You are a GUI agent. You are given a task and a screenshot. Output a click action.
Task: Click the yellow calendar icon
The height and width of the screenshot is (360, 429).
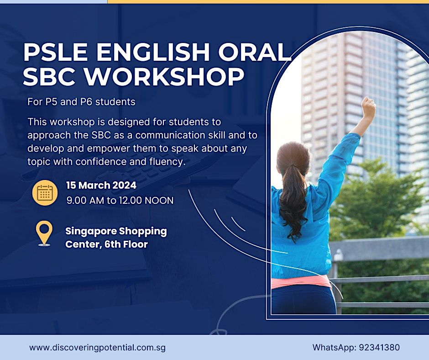click(45, 193)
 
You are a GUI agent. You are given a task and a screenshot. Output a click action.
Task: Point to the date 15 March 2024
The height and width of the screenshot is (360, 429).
click(101, 185)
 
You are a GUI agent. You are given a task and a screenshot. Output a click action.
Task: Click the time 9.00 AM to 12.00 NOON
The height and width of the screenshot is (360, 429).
click(120, 200)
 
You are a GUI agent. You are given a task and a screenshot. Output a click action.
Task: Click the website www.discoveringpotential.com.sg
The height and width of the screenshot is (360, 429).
click(97, 347)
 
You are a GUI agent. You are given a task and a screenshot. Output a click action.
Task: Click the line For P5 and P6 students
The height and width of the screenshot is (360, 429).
click(81, 102)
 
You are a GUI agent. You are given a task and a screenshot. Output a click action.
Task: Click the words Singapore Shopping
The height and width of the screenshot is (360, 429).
click(116, 231)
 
